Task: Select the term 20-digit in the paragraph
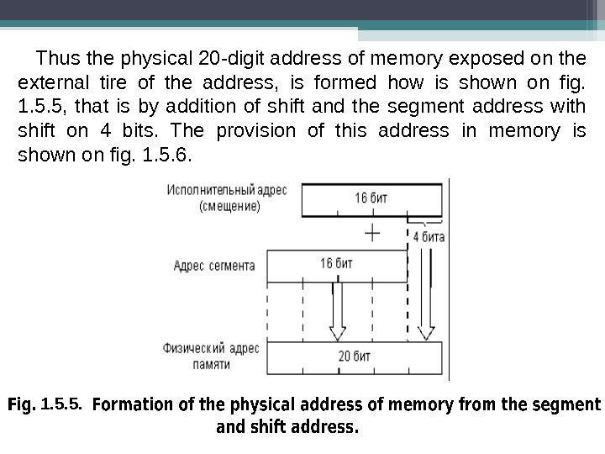coord(229,60)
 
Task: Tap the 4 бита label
coord(429,236)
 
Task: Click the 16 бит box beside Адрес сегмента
coord(336,265)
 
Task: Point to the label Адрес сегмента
coord(213,266)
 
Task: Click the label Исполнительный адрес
coord(227,189)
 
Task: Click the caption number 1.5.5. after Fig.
coord(61,404)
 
